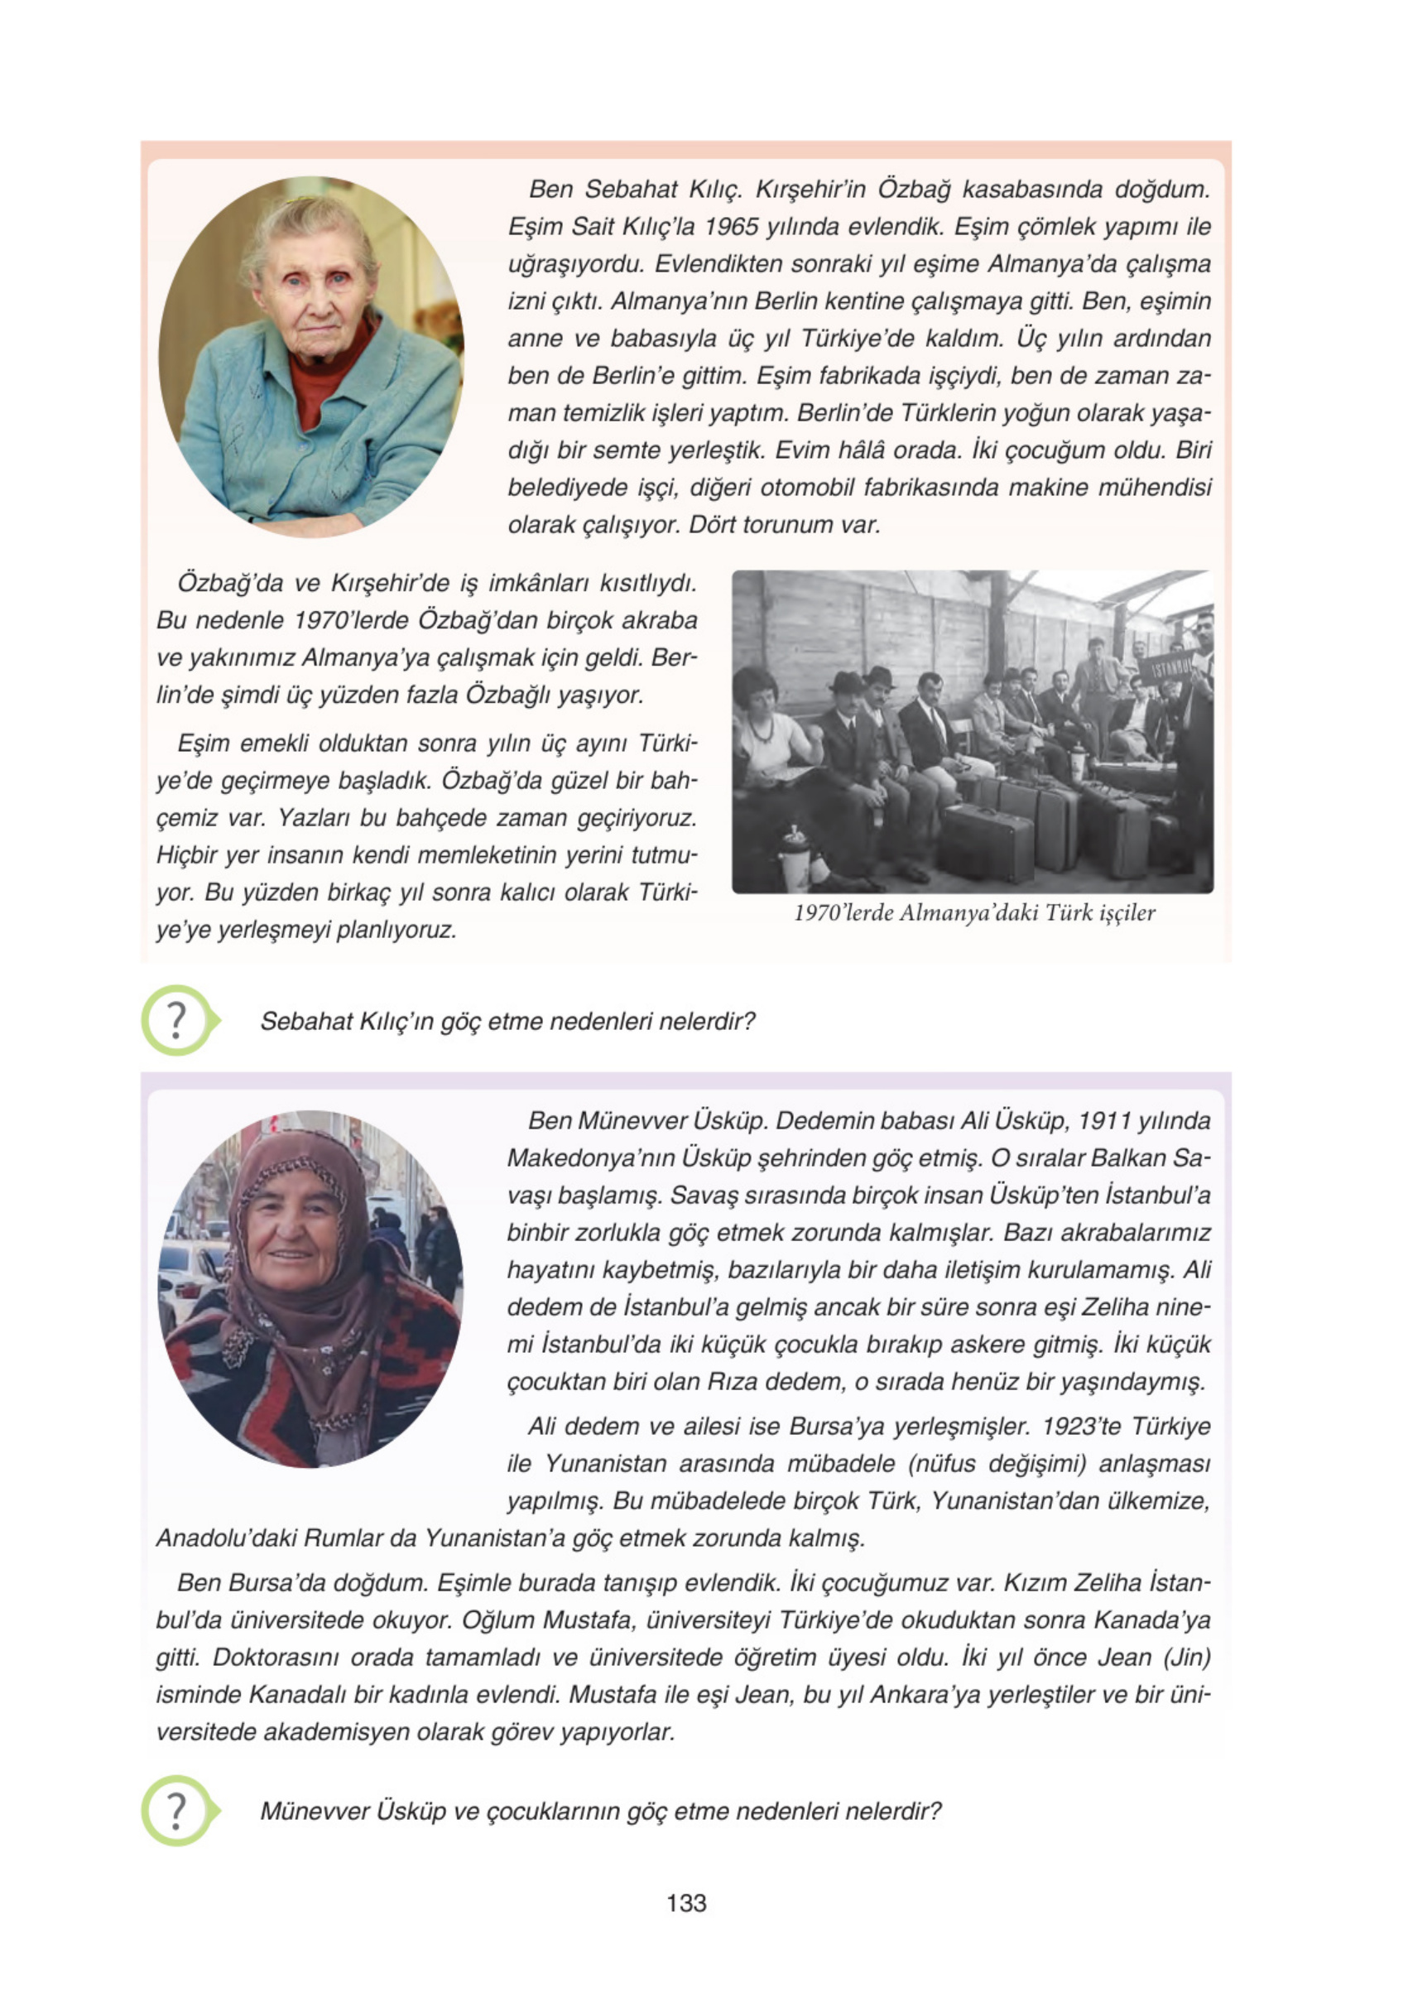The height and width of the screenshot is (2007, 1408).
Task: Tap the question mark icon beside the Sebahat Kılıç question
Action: point(176,1020)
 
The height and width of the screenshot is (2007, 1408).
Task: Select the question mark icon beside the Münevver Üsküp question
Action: point(176,1809)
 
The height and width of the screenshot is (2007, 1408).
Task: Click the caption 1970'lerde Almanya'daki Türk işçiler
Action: point(973,912)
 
